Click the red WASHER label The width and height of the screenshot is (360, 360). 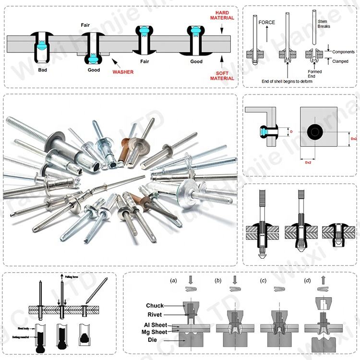tap(123, 72)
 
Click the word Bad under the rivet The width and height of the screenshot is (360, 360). tap(43, 70)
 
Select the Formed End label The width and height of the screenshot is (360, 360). tap(314, 74)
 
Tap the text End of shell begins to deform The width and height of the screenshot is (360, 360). tap(287, 81)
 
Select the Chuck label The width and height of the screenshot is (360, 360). tap(155, 306)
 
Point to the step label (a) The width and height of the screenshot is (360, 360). tap(174, 280)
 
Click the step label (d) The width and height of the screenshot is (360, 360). tap(307, 280)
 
